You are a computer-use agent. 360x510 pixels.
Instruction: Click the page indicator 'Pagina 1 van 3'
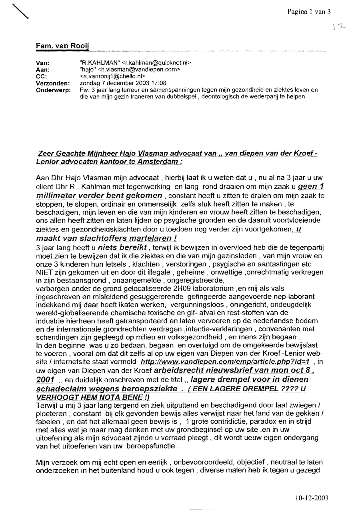pyautogui.click(x=309, y=12)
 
